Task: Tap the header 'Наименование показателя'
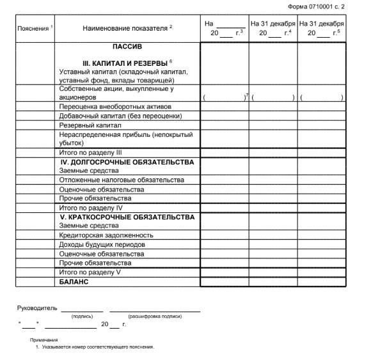pos(125,29)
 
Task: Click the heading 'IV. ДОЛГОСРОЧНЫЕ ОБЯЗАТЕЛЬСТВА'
pos(126,162)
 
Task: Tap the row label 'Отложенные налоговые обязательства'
pos(118,180)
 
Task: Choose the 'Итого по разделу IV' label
pos(90,208)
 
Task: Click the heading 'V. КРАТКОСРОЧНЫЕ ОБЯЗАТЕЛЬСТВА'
pos(126,217)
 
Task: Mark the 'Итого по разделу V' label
pos(90,272)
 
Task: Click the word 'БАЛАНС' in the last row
pos(73,281)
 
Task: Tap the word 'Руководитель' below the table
pos(36,308)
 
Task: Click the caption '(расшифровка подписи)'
pos(155,317)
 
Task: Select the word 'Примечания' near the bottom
pos(44,340)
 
